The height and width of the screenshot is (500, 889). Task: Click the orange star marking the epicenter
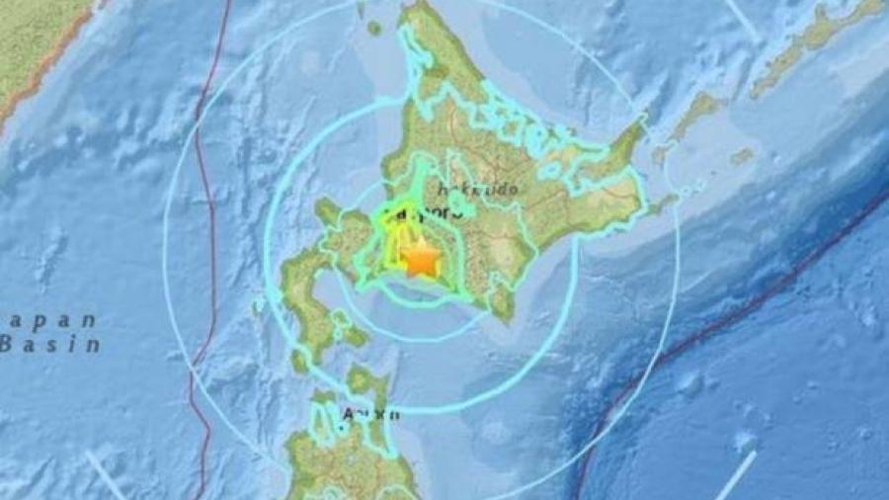(x=422, y=260)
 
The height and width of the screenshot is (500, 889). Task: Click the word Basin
(x=50, y=345)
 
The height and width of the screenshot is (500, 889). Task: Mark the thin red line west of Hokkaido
(x=206, y=247)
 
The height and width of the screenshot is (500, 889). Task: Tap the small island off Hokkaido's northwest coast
(x=374, y=29)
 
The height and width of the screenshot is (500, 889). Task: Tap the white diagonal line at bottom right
(x=736, y=474)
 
